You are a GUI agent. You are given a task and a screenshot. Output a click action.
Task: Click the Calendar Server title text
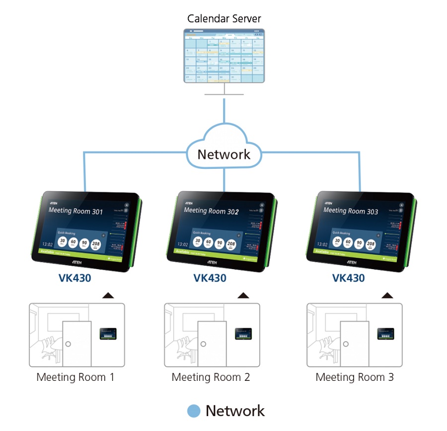click(224, 19)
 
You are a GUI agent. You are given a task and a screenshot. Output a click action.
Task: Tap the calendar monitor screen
click(224, 56)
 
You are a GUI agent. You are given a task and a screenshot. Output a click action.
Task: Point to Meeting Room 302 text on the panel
click(211, 211)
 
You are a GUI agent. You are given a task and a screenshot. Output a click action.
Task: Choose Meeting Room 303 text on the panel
click(351, 211)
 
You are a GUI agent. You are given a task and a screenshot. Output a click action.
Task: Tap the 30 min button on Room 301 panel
click(62, 242)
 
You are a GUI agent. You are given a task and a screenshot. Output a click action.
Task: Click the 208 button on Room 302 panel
click(231, 244)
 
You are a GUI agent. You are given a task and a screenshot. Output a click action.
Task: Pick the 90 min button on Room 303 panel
click(359, 243)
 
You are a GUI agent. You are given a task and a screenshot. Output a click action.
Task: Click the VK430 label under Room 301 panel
click(75, 278)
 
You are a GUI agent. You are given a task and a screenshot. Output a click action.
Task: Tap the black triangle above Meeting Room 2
click(243, 296)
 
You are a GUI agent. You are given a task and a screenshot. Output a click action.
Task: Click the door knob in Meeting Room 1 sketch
click(68, 344)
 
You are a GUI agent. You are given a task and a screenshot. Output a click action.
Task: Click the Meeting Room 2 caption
click(211, 377)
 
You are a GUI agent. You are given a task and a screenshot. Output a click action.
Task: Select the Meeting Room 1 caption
click(75, 377)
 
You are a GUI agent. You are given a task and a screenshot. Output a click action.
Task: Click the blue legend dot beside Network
click(194, 411)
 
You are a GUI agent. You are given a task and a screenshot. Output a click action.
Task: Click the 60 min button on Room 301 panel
click(74, 242)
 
